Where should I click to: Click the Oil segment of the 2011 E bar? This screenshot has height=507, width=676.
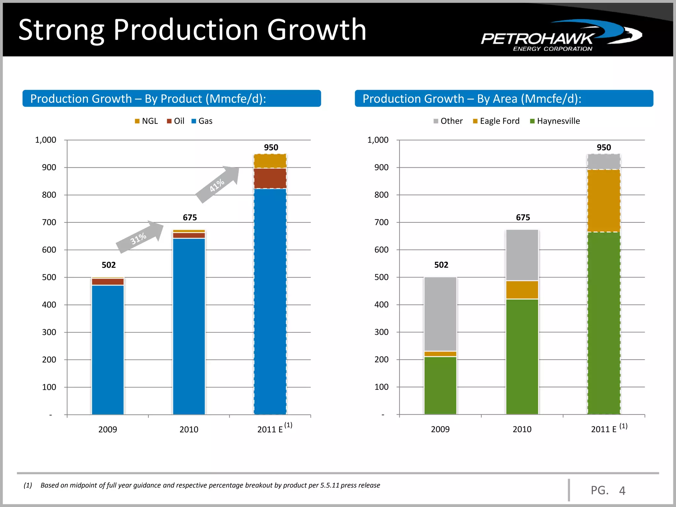pos(270,178)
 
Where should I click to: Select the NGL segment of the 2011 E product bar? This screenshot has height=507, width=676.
pos(270,161)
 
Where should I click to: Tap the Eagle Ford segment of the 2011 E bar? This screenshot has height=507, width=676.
pos(604,201)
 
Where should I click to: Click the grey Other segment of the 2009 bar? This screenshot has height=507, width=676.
pos(440,314)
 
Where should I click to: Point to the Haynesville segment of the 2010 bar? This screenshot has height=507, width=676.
pos(522,356)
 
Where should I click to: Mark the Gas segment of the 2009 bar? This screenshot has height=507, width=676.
pos(108,350)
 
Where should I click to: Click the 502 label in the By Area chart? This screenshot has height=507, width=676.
pos(441,265)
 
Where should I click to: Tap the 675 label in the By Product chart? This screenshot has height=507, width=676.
pos(190,218)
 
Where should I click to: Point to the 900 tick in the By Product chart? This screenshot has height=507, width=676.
pos(49,168)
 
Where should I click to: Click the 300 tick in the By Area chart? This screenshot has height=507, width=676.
pos(381,332)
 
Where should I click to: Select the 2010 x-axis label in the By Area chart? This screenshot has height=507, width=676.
pos(522,429)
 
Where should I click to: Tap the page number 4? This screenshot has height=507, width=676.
pos(622,491)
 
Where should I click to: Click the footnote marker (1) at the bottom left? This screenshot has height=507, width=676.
pos(28,485)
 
